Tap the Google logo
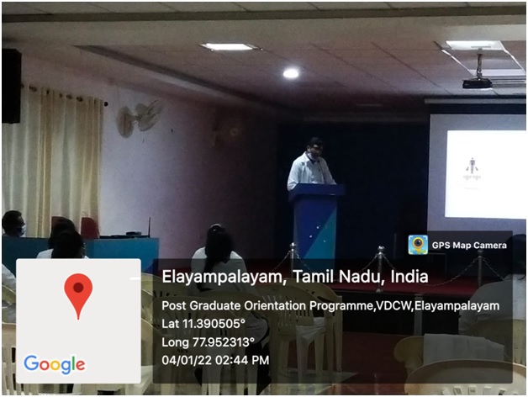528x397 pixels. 54,364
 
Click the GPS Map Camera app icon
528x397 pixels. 418,245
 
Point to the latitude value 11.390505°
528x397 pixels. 214,324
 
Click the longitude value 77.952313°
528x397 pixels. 224,342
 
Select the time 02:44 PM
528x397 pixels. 242,360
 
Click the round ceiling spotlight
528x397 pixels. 291,73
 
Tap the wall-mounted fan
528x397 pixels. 139,118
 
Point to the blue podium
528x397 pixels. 315,222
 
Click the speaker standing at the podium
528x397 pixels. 310,164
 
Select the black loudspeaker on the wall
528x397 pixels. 12,86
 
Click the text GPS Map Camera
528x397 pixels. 469,245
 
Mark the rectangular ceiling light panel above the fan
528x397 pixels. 229,46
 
